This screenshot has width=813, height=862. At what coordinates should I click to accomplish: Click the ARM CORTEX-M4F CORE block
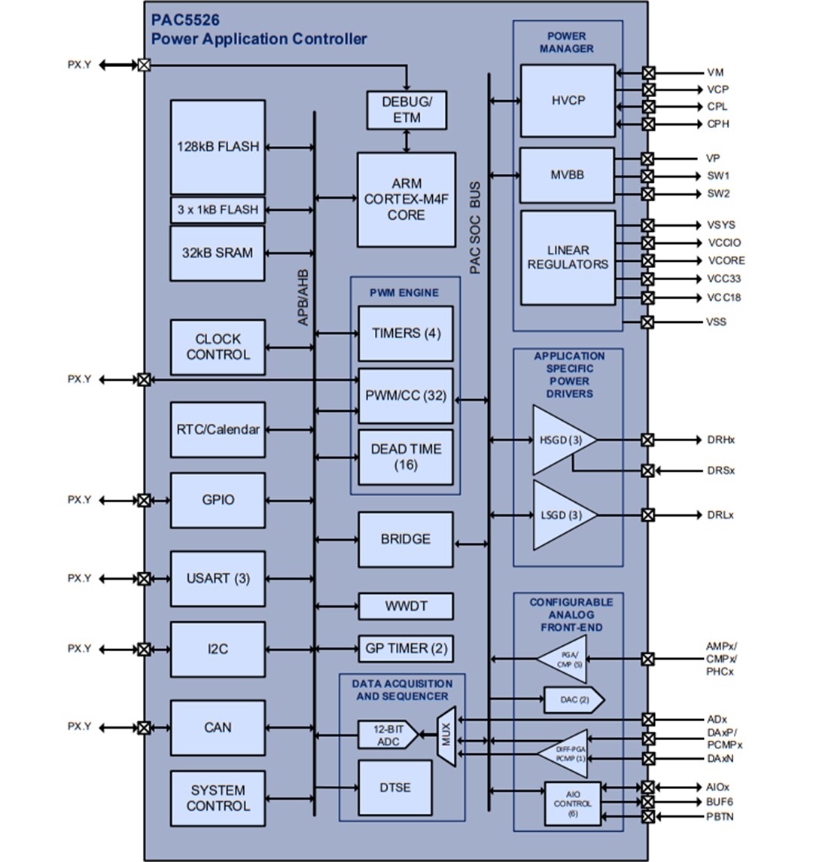pos(406,200)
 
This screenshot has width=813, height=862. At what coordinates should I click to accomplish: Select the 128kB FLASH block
pos(218,147)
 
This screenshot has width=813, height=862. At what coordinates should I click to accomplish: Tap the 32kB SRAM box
pos(218,253)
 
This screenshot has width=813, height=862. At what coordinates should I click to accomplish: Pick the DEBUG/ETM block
pos(406,110)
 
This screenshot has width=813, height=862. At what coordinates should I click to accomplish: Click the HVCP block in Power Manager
pos(568,100)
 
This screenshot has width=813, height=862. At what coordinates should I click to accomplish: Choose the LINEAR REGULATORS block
pos(568,257)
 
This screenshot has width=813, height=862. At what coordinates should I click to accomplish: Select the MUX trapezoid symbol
pos(446,737)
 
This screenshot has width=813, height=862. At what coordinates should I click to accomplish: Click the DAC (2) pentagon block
pos(573,700)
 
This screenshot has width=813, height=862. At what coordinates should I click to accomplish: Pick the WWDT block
pos(406,606)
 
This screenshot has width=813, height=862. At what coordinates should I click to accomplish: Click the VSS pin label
pos(716,321)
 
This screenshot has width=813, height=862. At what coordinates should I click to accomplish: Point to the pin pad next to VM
pos(648,73)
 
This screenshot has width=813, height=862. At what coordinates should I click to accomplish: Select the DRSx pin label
pos(720,471)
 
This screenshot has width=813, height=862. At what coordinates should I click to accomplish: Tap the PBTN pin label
pos(720,817)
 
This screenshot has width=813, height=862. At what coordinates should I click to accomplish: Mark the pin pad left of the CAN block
pos(144,728)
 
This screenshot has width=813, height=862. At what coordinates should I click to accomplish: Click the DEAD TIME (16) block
pos(406,457)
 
